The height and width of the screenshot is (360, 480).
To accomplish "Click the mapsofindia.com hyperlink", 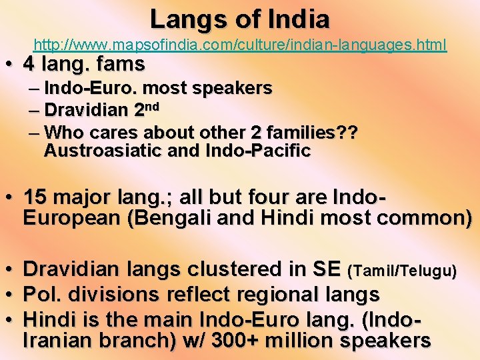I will pos(240,45).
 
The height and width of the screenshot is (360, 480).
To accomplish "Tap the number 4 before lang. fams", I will pos(29,65).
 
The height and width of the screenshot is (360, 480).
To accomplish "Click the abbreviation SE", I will pos(328,270).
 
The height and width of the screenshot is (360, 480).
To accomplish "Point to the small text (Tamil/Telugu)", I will pos(402,271).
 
